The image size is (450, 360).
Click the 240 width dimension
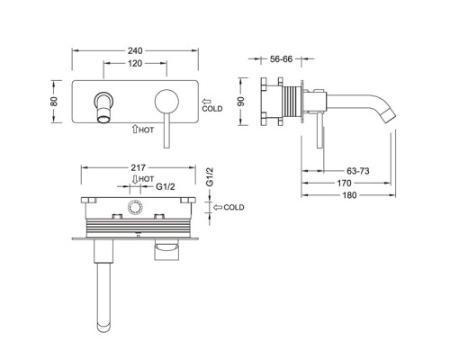(x=135, y=50)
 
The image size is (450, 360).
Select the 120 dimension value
(x=135, y=64)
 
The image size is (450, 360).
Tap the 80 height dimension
(x=54, y=102)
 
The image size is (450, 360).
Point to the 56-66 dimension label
(x=281, y=59)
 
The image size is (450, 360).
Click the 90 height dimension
(x=241, y=102)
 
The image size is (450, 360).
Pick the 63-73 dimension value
(x=358, y=171)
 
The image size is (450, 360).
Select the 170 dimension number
(x=344, y=183)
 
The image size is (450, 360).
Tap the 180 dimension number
(x=349, y=195)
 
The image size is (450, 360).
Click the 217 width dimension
(x=138, y=167)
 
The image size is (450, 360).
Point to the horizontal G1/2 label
(x=166, y=186)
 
